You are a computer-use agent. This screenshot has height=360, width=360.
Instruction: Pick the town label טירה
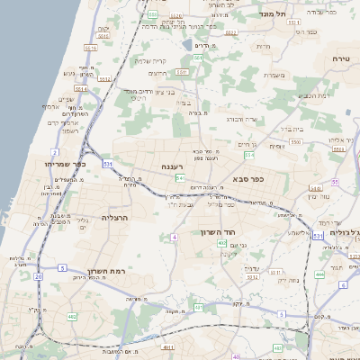pos(340,58)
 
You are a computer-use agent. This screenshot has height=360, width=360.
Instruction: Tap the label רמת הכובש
pos(312,95)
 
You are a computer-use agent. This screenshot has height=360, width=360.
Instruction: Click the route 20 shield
pos(39,277)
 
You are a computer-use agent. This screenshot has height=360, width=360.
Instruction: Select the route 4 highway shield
pos(174,237)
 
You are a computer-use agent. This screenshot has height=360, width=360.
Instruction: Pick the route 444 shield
pos(320,274)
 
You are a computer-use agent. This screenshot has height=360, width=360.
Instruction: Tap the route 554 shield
pos(248,155)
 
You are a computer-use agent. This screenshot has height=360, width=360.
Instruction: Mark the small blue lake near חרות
pos(186,43)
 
